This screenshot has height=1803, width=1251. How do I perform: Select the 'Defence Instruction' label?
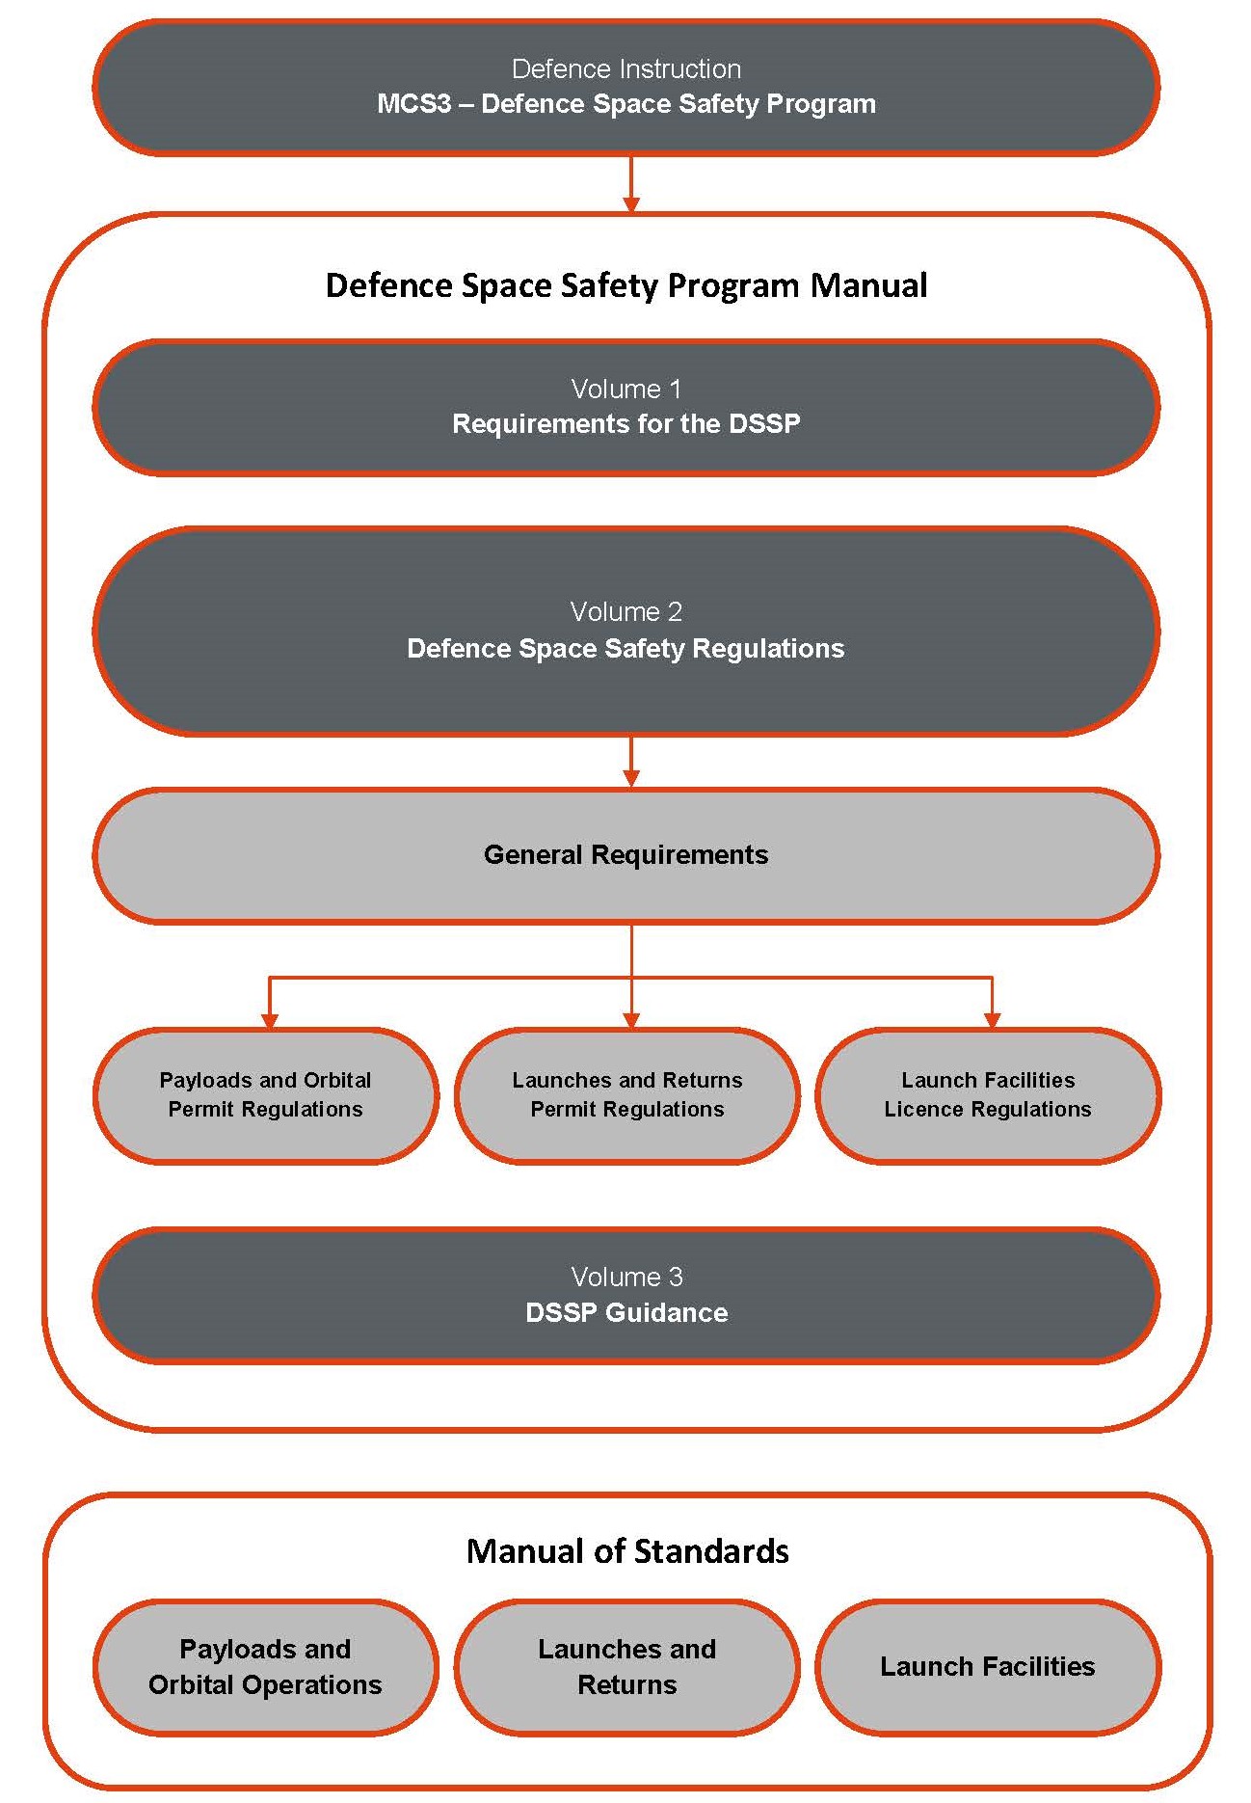(x=626, y=69)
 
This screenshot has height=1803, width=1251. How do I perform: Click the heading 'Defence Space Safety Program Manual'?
(x=626, y=285)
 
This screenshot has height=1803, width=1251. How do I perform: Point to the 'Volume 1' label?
(x=626, y=390)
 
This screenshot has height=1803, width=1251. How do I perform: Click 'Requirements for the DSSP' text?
(x=626, y=424)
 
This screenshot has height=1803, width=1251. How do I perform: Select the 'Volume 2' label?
(x=626, y=612)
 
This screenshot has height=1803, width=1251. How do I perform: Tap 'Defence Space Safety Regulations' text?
(x=626, y=649)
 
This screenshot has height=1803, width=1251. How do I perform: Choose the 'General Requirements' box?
(x=626, y=855)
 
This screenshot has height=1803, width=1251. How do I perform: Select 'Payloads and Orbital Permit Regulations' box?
(x=266, y=1095)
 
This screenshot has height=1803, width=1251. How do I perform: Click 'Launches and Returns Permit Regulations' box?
(x=627, y=1095)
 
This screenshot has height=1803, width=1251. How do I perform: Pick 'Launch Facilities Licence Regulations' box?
(x=988, y=1095)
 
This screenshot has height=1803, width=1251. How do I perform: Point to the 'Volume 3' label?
(x=626, y=1278)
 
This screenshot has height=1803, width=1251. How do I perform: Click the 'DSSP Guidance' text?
(x=626, y=1313)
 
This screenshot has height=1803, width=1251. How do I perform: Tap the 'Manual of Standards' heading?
(x=627, y=1551)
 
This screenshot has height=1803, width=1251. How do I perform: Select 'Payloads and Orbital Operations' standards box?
(x=266, y=1667)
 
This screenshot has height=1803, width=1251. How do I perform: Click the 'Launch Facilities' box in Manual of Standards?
(x=988, y=1667)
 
